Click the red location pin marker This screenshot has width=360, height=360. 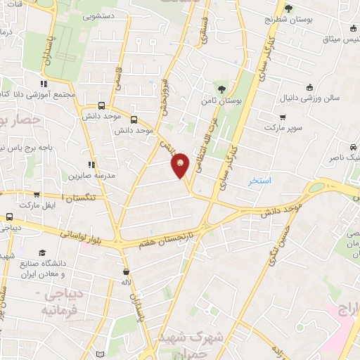181,165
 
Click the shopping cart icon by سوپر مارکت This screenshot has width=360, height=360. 283,117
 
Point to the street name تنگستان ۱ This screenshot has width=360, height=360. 79,198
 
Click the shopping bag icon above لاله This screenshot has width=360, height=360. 126,271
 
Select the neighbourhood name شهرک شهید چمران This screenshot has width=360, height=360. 191,342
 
